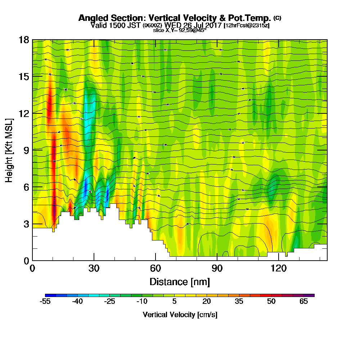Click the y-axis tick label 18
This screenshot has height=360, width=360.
point(23,40)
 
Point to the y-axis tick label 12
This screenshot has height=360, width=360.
point(23,113)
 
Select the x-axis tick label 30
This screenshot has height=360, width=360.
point(94,268)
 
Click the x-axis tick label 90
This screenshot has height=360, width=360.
point(217,268)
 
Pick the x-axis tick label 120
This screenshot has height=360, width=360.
point(278,268)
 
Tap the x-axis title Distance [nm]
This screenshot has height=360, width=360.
point(180,282)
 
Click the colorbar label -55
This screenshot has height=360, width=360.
point(45,302)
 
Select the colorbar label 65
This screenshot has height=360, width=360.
point(303,302)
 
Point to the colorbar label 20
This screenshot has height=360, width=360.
point(206,302)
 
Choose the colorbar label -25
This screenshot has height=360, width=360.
point(109,302)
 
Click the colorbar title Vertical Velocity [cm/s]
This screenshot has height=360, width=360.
point(180,315)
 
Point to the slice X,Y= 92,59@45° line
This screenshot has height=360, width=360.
point(180,31)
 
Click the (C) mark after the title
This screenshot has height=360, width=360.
point(277,18)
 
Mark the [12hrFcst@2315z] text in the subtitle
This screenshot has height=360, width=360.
point(247,26)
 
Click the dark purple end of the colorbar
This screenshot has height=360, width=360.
point(311,295)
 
